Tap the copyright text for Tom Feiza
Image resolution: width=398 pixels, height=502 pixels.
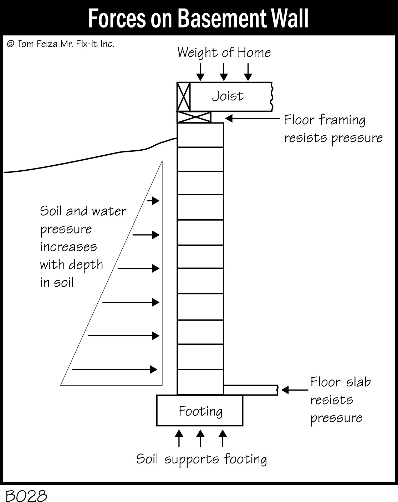pos(61,44)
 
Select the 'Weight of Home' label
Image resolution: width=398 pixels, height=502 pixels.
pos(224,52)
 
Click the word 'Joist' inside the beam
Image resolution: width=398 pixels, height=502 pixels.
pos(228,96)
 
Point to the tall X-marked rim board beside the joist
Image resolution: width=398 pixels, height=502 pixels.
pos(184,96)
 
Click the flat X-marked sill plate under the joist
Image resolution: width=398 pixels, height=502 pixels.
pos(194,117)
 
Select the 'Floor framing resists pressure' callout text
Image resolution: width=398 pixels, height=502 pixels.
pos(333,129)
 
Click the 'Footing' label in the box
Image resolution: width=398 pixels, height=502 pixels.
pos(200,411)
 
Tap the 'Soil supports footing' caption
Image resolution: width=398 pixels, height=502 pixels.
pos(201,459)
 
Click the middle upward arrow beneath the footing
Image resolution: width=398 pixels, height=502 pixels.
pos(200,438)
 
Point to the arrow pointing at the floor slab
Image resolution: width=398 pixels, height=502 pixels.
pos(295,390)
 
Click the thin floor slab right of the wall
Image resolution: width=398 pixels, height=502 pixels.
pos(251,390)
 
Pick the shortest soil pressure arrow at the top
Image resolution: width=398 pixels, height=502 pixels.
pos(154,201)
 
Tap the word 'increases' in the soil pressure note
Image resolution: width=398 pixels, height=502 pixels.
pos(68,247)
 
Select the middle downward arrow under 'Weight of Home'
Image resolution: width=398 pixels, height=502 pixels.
pos(224,72)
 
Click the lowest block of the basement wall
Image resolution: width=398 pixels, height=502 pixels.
pos(200,382)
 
